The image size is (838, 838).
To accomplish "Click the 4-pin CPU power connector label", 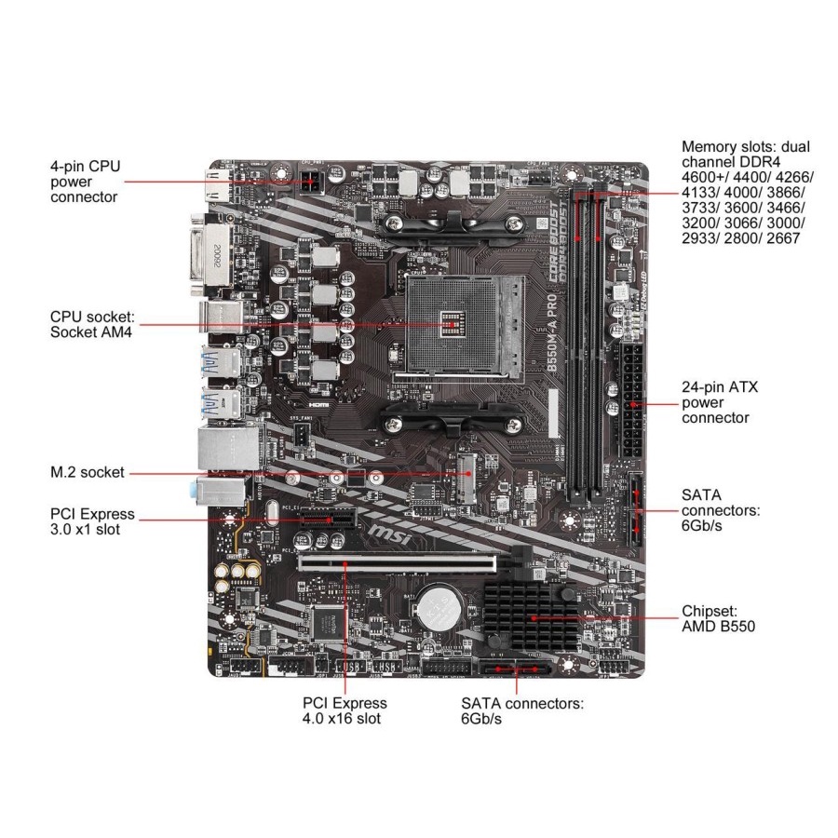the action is click(x=86, y=182).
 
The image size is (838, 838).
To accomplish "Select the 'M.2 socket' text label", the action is click(x=88, y=473).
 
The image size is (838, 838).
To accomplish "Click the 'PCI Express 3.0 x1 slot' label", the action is click(x=91, y=521).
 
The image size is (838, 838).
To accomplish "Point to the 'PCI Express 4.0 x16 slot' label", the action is click(x=345, y=711).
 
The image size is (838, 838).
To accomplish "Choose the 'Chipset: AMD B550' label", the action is click(x=718, y=618).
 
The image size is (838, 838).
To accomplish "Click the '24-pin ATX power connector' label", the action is click(x=720, y=401).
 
